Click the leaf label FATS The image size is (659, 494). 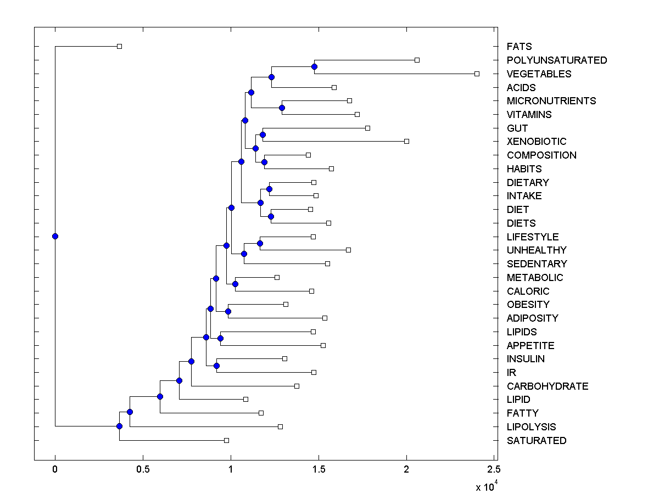click(519, 47)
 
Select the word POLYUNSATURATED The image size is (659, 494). click(557, 60)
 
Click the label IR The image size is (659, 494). click(511, 373)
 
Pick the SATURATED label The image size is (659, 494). click(536, 441)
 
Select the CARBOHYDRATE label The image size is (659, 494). click(547, 386)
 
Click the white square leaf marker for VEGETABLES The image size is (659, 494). click(477, 74)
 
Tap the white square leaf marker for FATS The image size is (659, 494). click(119, 46)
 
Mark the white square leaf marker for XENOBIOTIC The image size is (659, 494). click(406, 141)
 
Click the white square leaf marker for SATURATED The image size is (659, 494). click(226, 440)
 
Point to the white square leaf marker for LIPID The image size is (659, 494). click(245, 399)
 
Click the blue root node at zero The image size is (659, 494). click(55, 237)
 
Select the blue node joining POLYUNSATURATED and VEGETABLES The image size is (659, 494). click(314, 67)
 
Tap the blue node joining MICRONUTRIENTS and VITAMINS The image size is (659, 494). click(282, 108)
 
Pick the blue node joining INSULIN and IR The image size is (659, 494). click(216, 366)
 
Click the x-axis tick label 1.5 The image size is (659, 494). click(319, 469)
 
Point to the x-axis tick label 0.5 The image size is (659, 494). click(143, 469)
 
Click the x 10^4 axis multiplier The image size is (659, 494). click(485, 485)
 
